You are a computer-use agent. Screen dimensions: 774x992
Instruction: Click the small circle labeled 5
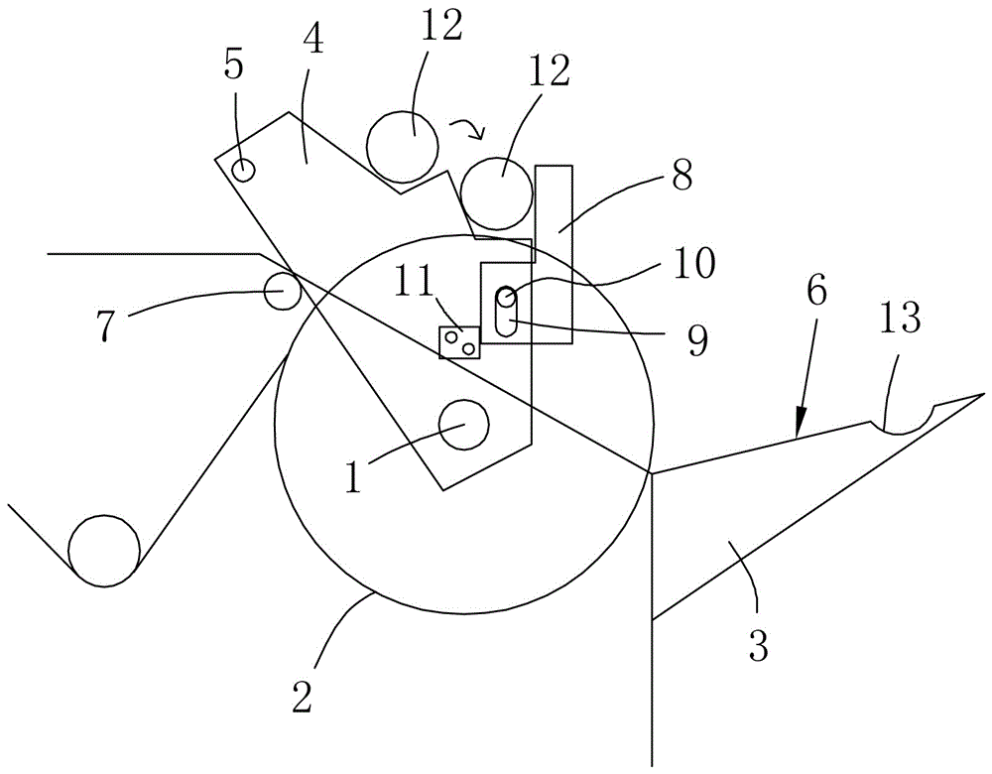243,170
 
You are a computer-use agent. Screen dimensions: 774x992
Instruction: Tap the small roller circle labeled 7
283,291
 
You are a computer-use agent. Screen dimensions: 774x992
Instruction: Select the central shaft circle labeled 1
464,425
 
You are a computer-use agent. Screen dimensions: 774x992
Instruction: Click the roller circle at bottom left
103,551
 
